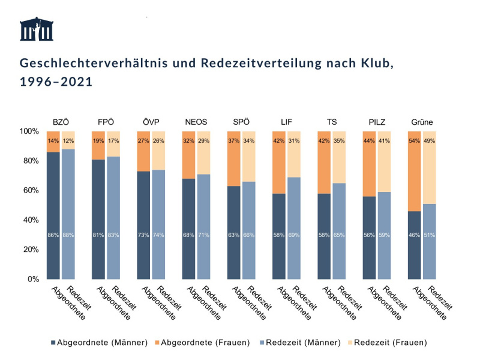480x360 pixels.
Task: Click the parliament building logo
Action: (35, 30)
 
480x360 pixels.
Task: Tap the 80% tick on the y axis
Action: (30, 161)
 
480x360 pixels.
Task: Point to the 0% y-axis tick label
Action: (32, 279)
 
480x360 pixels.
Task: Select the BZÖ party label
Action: (61, 122)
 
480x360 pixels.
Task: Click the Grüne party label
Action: (422, 122)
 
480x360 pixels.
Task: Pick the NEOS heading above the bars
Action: (196, 122)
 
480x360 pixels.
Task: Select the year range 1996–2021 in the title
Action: (56, 82)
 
